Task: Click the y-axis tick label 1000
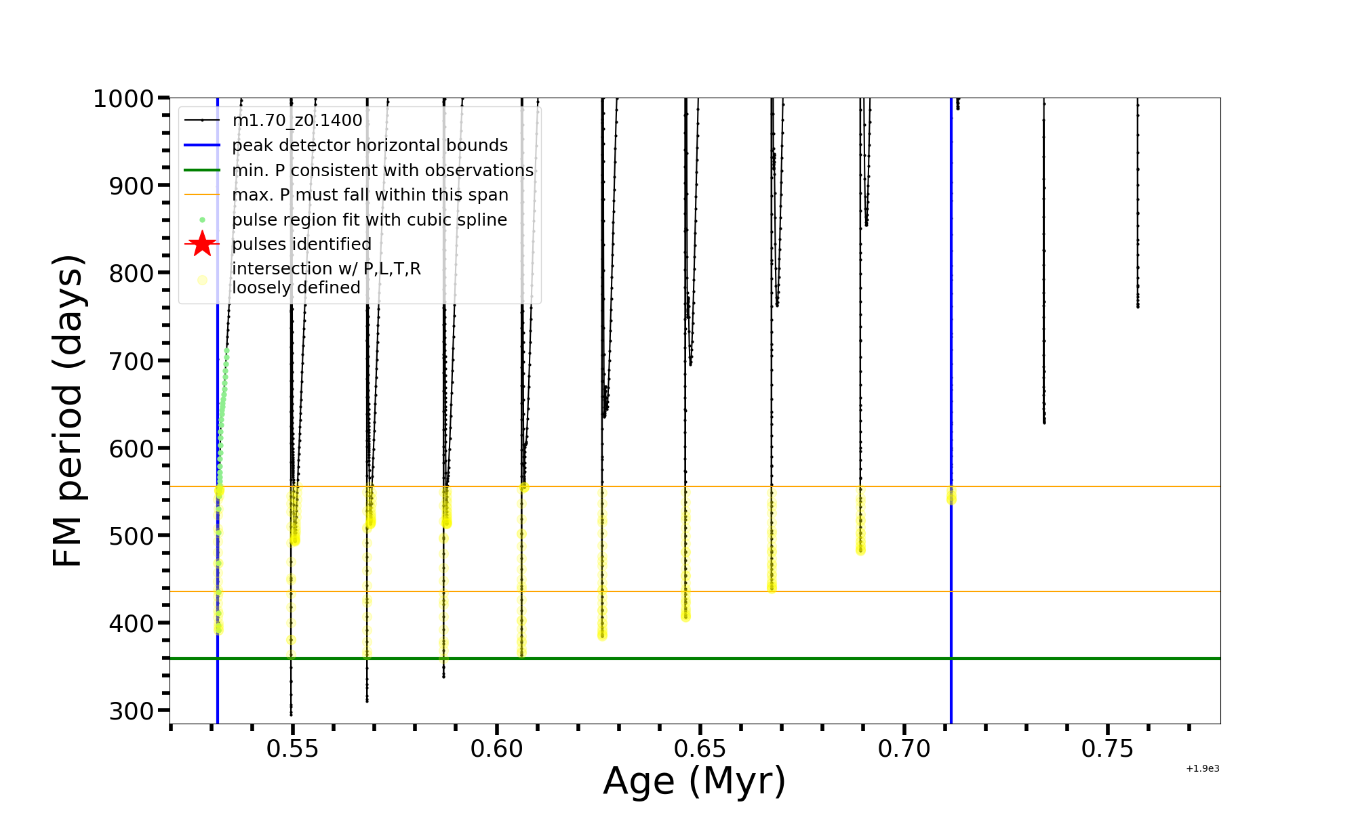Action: point(124,99)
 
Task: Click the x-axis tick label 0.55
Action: point(292,749)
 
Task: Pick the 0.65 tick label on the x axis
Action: point(700,749)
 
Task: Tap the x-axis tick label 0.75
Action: point(1107,749)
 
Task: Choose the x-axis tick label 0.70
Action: point(904,749)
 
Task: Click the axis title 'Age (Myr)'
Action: point(694,781)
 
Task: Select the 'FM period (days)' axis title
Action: point(68,411)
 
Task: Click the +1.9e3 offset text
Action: point(1202,769)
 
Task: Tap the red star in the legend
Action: point(202,244)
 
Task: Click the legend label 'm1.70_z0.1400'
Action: point(297,121)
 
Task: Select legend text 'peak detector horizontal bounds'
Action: point(370,146)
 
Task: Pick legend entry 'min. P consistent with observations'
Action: point(382,171)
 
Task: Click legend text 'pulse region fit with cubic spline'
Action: point(370,220)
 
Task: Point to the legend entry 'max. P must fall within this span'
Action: point(370,195)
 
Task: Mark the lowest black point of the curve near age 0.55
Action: point(292,714)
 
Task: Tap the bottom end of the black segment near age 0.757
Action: point(1138,307)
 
